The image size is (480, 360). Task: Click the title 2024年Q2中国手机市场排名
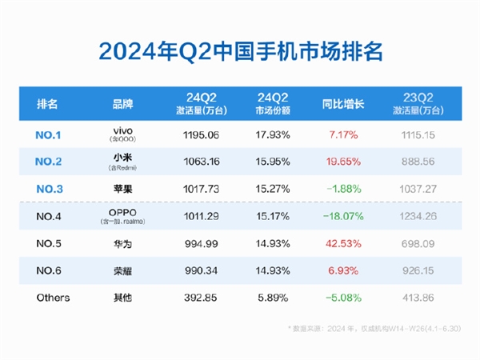tap(240, 51)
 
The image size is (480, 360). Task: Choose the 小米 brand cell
tap(128, 161)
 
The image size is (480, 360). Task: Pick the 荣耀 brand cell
tap(128, 270)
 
